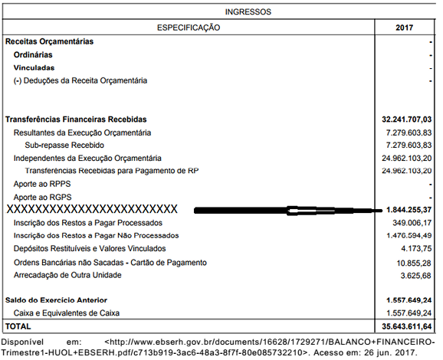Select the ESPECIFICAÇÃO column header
(x=189, y=28)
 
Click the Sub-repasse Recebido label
(x=64, y=146)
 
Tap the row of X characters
(x=92, y=209)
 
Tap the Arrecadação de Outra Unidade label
(x=67, y=275)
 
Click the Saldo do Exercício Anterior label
(x=56, y=299)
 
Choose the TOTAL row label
(x=18, y=326)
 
